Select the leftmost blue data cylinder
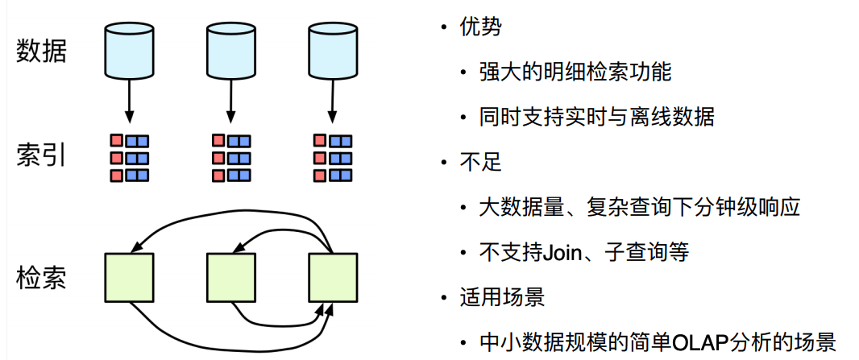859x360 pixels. pos(128,50)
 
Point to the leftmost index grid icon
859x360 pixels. pos(129,158)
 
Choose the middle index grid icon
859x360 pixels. pos(230,158)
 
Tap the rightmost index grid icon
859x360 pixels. pos(332,158)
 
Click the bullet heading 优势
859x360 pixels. pos(480,27)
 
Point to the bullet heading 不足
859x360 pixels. pos(480,162)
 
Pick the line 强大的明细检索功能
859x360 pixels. pos(575,72)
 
